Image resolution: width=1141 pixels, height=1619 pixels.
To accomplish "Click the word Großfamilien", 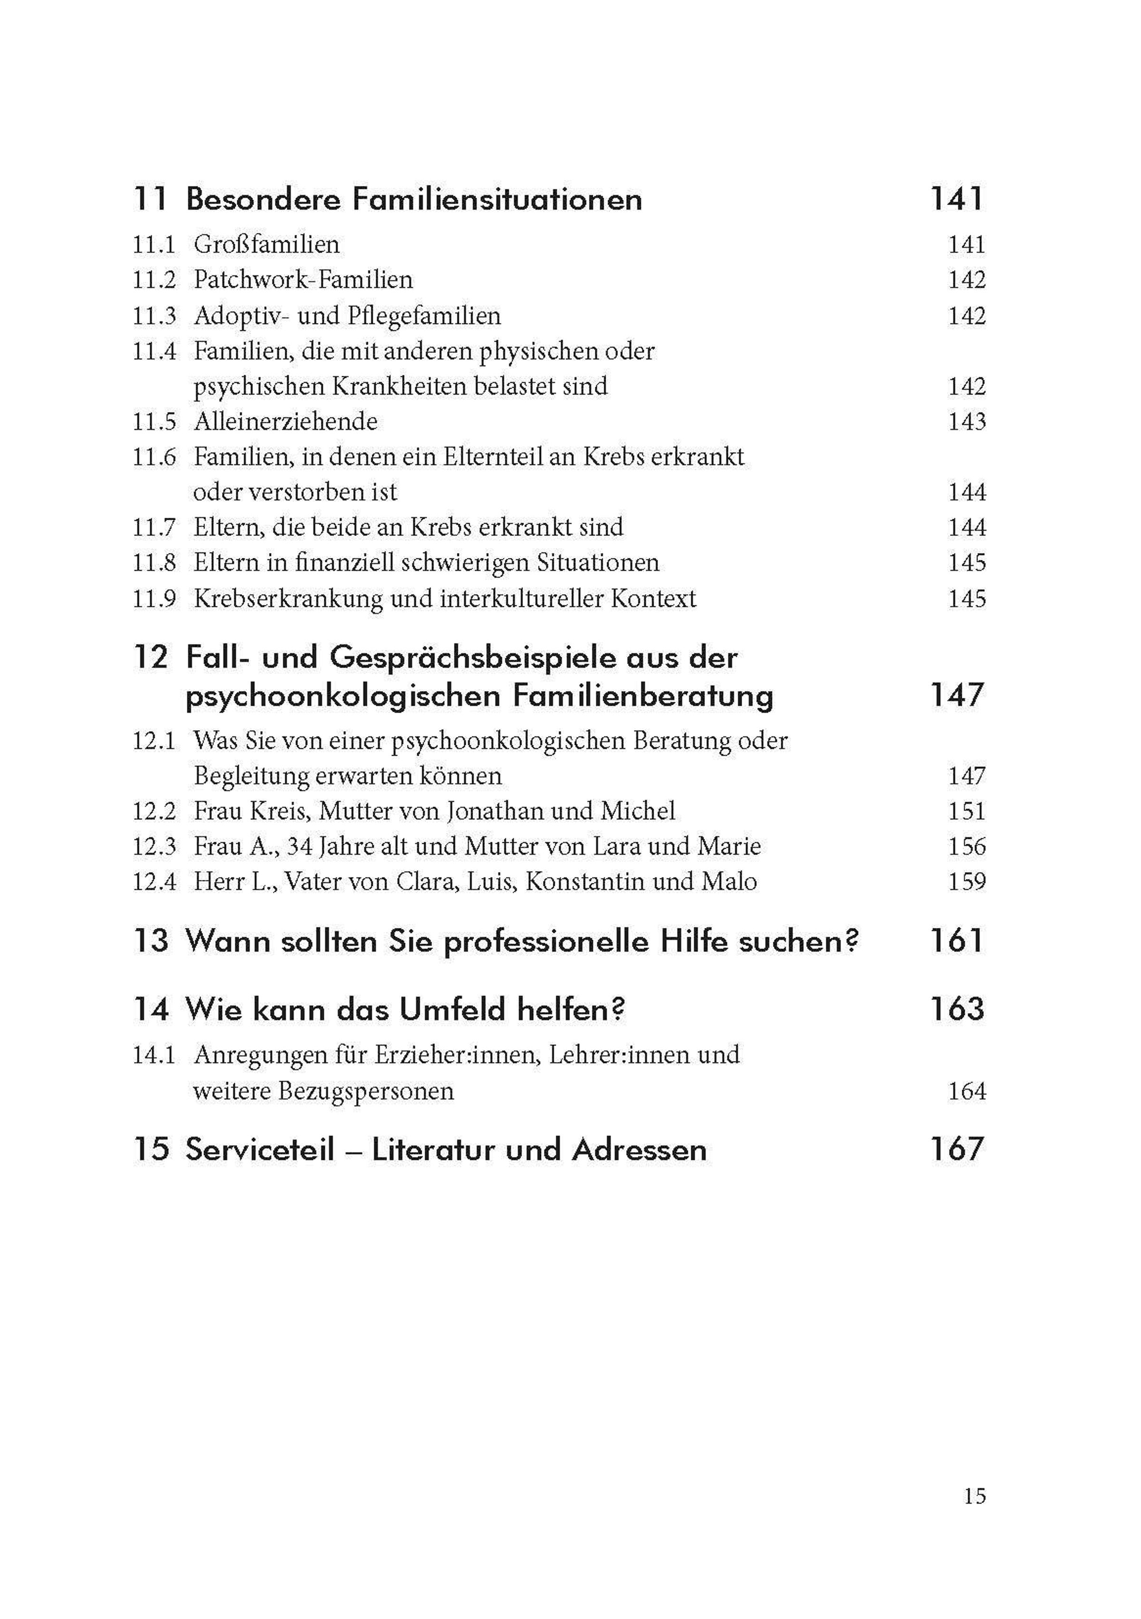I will coord(266,244).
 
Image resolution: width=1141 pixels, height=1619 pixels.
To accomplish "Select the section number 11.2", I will coord(154,280).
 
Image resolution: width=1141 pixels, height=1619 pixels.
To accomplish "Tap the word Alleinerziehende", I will coord(285,422).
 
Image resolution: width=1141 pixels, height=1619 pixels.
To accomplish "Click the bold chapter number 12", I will coord(151,658).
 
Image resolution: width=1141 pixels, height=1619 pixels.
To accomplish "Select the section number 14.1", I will coord(154,1055).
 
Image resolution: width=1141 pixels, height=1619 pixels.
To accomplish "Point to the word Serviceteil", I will coord(260,1150).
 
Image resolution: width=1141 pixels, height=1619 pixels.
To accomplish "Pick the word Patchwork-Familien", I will coord(303,280).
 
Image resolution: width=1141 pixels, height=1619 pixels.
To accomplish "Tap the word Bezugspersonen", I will coord(366,1091).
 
